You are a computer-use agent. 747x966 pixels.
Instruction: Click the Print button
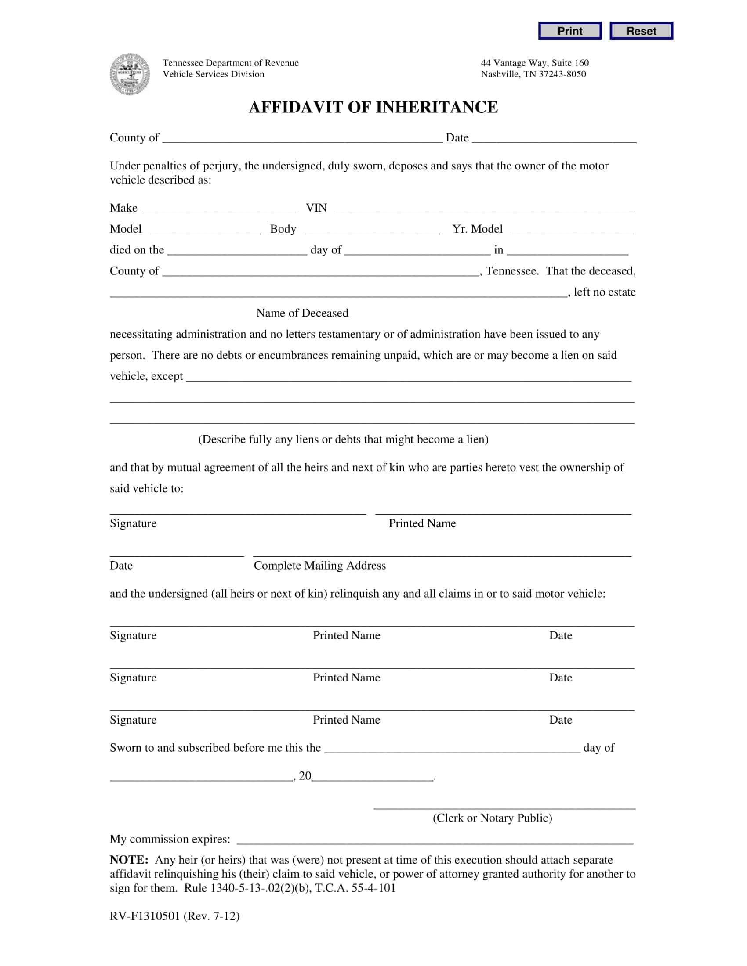pos(569,31)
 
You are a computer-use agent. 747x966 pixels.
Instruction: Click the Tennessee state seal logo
pos(129,74)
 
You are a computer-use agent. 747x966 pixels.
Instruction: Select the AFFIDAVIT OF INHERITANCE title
pos(373,107)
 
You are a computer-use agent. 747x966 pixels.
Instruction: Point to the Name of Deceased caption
pos(302,313)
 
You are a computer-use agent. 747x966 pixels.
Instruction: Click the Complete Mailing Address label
pos(319,566)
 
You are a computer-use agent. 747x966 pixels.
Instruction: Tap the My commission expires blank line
pos(435,840)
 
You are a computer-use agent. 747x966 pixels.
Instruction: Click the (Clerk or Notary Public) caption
pos(492,818)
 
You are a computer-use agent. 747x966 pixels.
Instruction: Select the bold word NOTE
pos(129,860)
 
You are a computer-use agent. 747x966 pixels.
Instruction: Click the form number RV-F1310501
pos(145,916)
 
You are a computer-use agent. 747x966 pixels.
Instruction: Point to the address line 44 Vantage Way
pos(535,63)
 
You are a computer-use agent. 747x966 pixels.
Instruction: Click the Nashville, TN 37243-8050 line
pos(533,74)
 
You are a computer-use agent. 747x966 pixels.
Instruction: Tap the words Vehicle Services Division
pos(213,74)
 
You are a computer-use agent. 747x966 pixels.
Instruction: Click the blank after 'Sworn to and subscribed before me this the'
pos(452,748)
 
